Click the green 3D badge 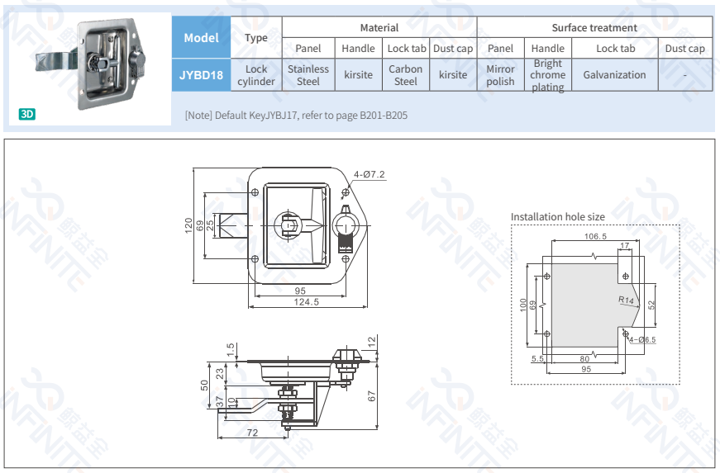tap(27, 114)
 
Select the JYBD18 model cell tap(201, 75)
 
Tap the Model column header tap(201, 37)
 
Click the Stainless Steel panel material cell tap(308, 75)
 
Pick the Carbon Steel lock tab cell tap(406, 75)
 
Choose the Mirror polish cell tap(500, 75)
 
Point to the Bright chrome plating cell tap(548, 75)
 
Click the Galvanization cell tap(614, 75)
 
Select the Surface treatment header tap(594, 27)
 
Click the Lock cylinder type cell tap(256, 75)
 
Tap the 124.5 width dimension tap(306, 303)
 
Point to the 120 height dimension tap(188, 225)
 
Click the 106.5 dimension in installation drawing tap(595, 236)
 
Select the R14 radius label tap(626, 300)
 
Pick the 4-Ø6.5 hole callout tap(641, 339)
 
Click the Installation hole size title tap(557, 217)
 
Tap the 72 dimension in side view tap(252, 433)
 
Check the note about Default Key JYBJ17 tap(296, 116)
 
